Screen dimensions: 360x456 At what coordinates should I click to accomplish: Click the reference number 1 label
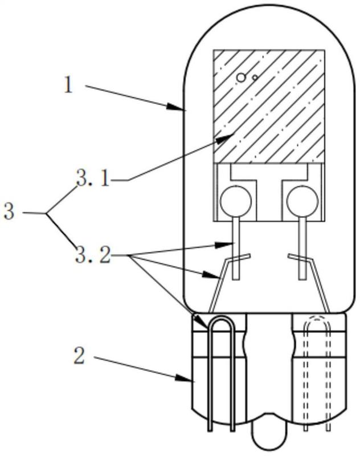[x=68, y=85]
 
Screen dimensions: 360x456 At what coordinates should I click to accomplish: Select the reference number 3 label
[x=9, y=211]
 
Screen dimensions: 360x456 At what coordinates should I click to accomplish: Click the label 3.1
[x=93, y=178]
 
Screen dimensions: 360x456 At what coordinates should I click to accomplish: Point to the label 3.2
[x=93, y=255]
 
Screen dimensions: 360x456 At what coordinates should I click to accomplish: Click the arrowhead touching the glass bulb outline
[x=176, y=107]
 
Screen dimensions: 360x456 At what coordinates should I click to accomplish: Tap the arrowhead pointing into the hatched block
[x=226, y=138]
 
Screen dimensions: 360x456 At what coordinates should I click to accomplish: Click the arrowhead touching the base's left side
[x=185, y=378]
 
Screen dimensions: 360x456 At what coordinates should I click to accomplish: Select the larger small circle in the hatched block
[x=241, y=78]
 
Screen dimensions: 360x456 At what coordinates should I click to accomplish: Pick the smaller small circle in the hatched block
[x=255, y=78]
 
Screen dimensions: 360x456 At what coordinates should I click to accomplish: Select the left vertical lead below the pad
[x=236, y=249]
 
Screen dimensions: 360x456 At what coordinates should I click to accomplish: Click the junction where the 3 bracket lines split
[x=47, y=214]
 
